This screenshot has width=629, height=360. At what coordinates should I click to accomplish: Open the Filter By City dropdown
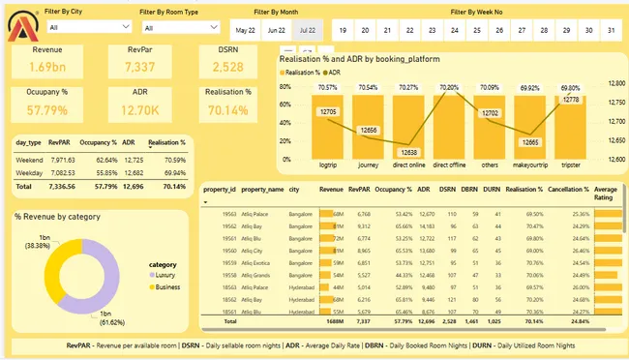(x=84, y=28)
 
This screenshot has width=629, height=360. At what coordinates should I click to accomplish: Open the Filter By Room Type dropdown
(x=179, y=28)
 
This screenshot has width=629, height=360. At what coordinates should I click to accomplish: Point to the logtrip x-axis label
(x=327, y=165)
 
